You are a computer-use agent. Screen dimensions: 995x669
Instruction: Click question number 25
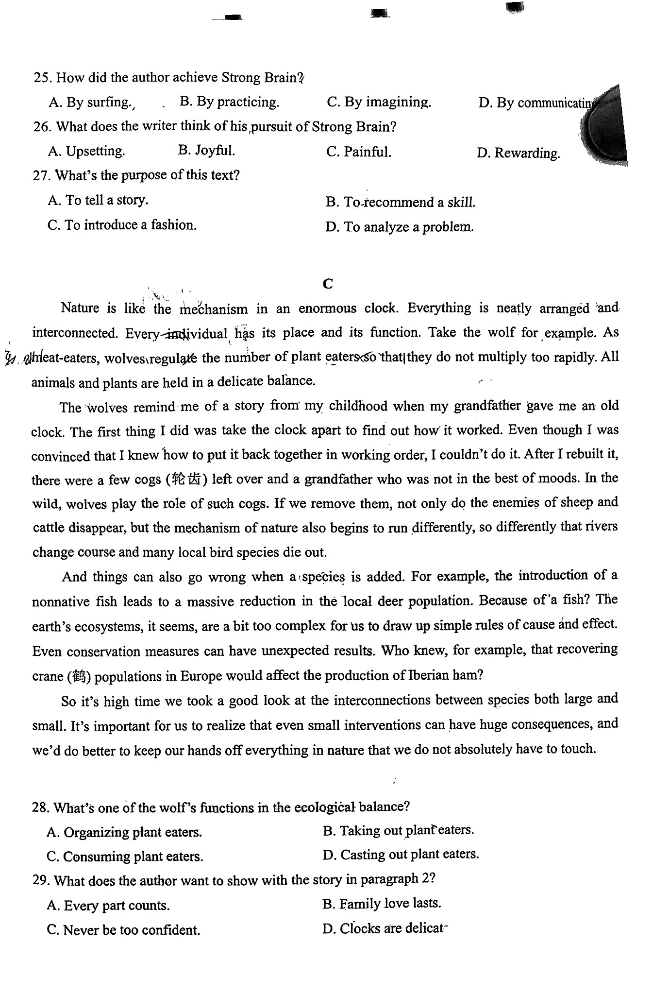click(43, 78)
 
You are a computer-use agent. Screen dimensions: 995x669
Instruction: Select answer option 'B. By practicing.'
click(229, 102)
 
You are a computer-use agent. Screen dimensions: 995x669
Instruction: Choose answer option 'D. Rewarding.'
click(518, 154)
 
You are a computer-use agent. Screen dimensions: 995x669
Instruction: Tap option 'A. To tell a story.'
click(98, 200)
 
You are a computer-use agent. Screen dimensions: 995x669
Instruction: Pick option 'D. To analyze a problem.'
click(399, 227)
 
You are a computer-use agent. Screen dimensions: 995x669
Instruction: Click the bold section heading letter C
click(328, 284)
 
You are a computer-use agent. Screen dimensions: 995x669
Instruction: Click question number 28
click(41, 807)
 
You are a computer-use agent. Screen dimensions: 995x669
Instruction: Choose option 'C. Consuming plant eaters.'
click(125, 857)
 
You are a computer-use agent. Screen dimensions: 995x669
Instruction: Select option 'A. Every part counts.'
click(108, 906)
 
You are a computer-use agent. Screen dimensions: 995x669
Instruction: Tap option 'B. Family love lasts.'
click(382, 904)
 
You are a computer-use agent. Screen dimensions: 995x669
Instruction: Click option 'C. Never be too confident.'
click(123, 930)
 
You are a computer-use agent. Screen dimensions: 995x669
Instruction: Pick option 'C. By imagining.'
click(379, 102)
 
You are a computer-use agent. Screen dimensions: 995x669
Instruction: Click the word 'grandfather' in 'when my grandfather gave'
click(487, 406)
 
